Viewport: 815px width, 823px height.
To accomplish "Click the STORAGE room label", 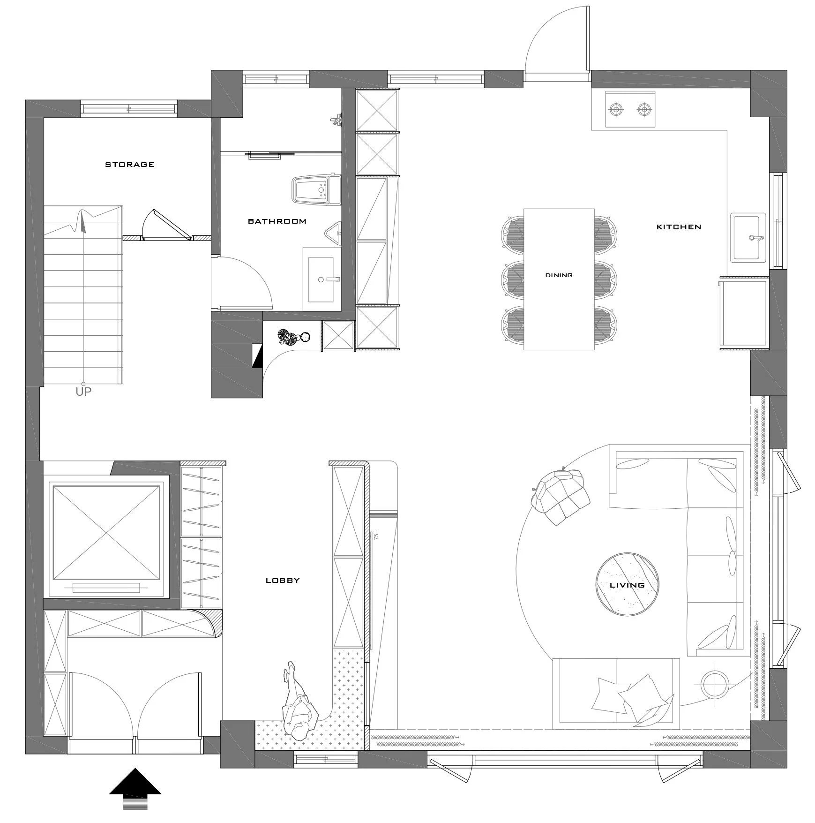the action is tap(129, 165).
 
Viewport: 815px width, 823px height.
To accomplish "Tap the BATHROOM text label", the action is tap(277, 221).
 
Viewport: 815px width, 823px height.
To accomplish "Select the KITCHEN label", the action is tap(679, 227).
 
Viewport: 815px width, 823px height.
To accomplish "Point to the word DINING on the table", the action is tap(559, 275).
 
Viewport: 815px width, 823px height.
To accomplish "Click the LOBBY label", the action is tap(283, 581).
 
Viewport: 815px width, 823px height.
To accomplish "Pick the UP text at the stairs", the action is tap(83, 392).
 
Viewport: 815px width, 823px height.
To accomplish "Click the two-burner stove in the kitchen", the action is tap(630, 110).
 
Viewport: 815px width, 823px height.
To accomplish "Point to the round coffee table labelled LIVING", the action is tap(627, 584).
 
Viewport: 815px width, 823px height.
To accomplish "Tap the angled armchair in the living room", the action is tap(560, 496).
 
